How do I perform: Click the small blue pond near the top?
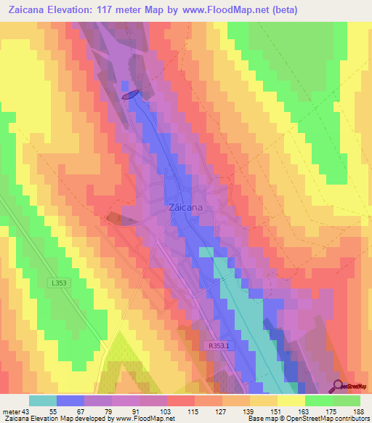point(130,94)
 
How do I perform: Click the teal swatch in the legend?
point(43,400)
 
